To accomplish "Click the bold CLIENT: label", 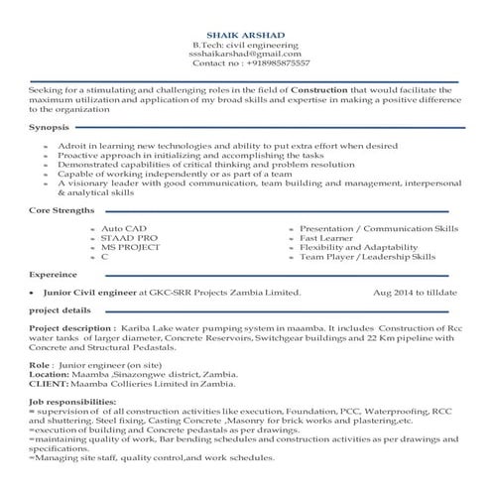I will tap(49, 381).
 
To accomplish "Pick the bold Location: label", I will tap(55, 373).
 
